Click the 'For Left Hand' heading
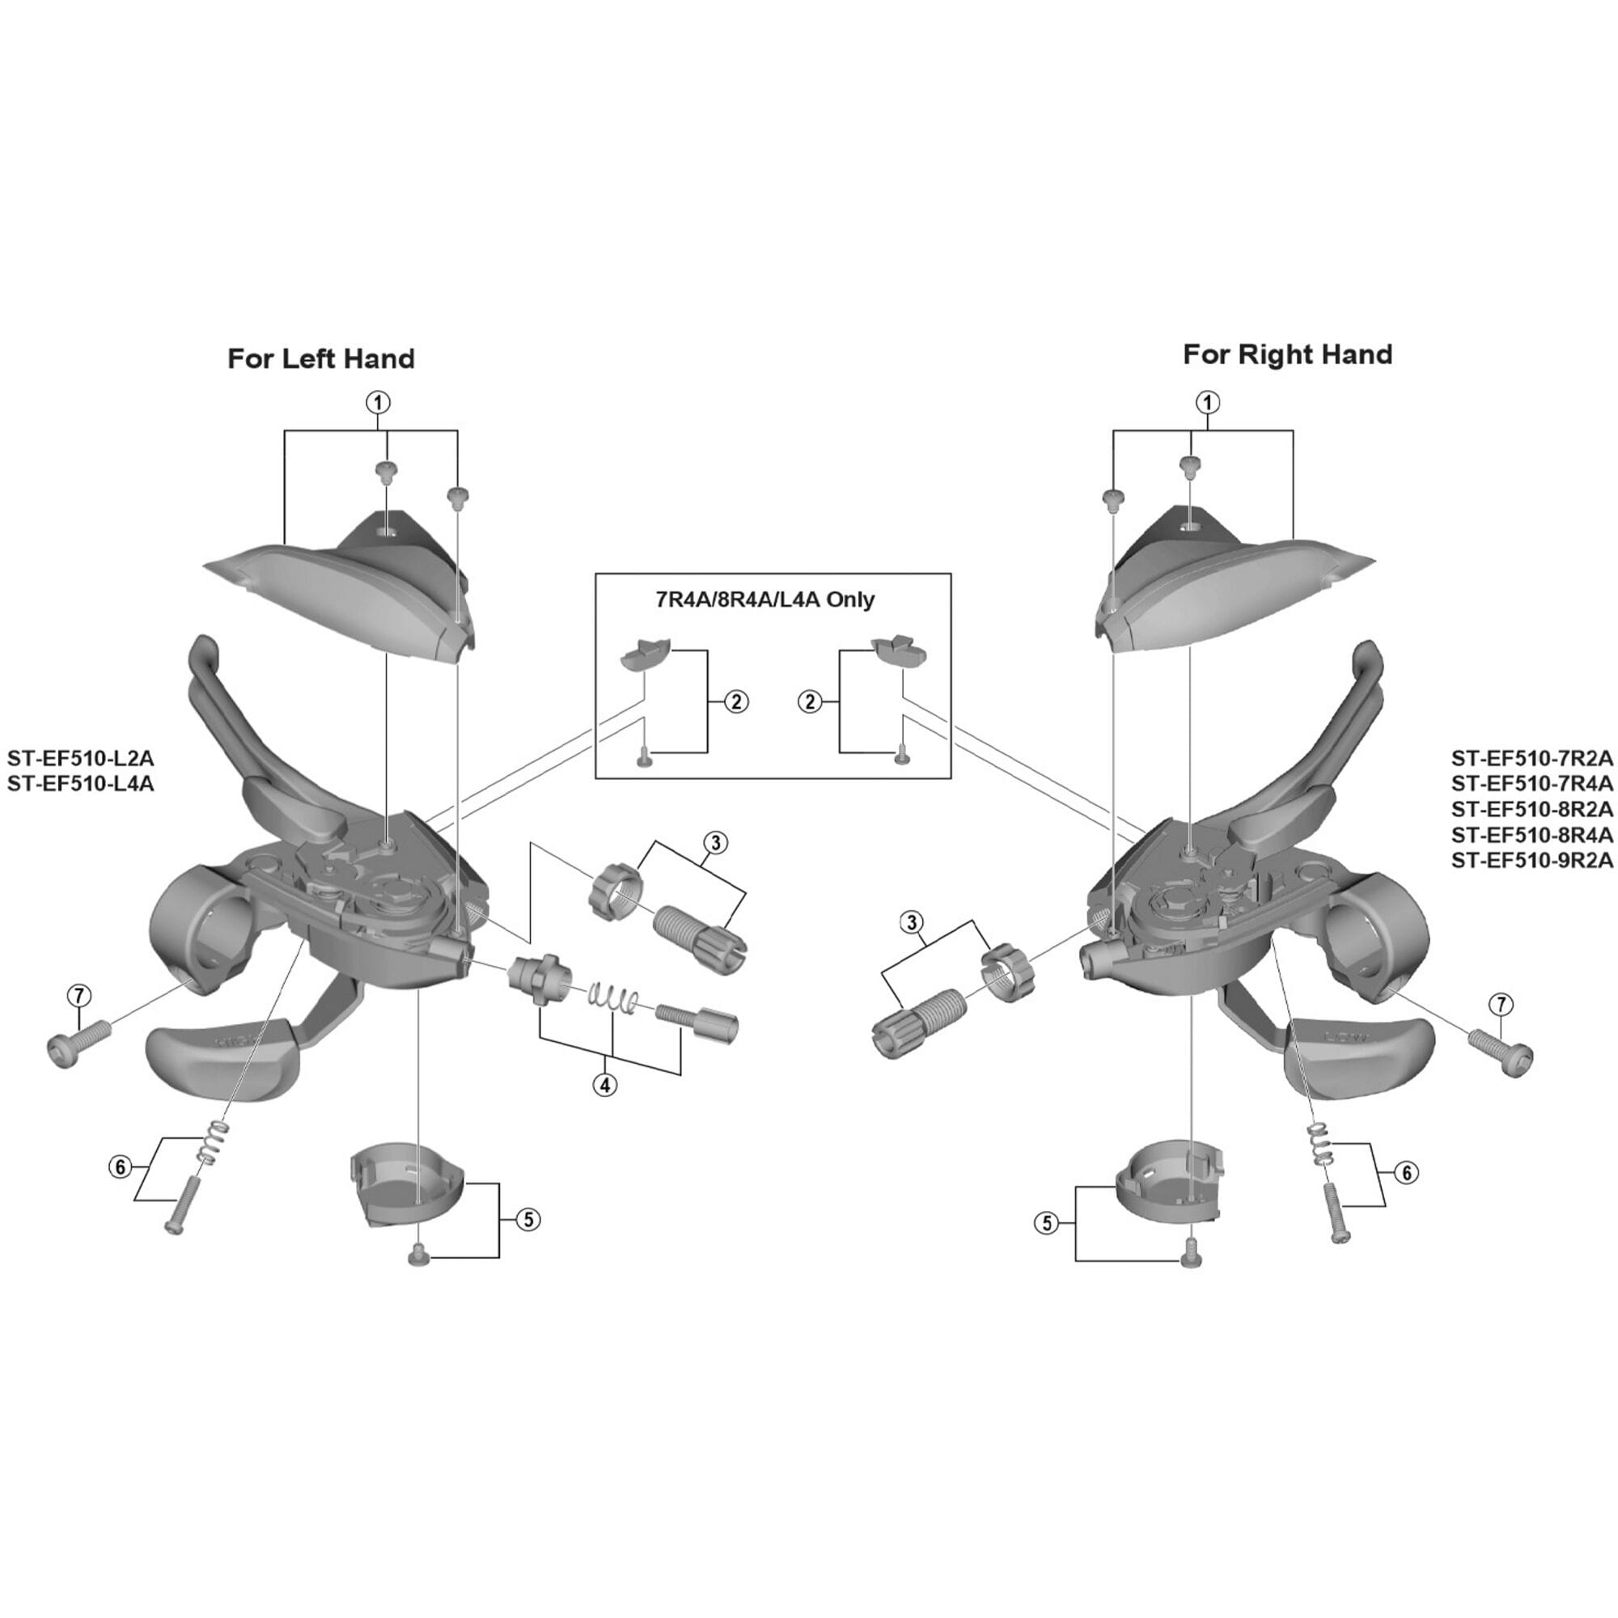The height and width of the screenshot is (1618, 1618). [x=320, y=359]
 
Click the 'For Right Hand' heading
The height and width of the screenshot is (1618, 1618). [x=1287, y=355]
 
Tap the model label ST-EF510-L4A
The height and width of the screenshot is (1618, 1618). [x=80, y=785]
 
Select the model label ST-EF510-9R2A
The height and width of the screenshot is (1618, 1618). [x=1531, y=860]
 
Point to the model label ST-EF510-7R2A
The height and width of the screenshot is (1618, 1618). [x=1531, y=759]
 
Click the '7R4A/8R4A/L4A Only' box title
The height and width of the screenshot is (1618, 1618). [x=765, y=599]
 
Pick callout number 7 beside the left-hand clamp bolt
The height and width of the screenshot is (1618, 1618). [x=78, y=996]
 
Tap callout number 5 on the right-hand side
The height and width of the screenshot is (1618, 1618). [x=1047, y=1223]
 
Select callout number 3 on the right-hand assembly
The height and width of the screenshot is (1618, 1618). [x=911, y=923]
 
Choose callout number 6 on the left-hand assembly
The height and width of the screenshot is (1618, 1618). [x=121, y=1166]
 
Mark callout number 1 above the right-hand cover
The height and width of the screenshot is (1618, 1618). [x=1207, y=403]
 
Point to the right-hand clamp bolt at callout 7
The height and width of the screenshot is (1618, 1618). [x=1502, y=1053]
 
